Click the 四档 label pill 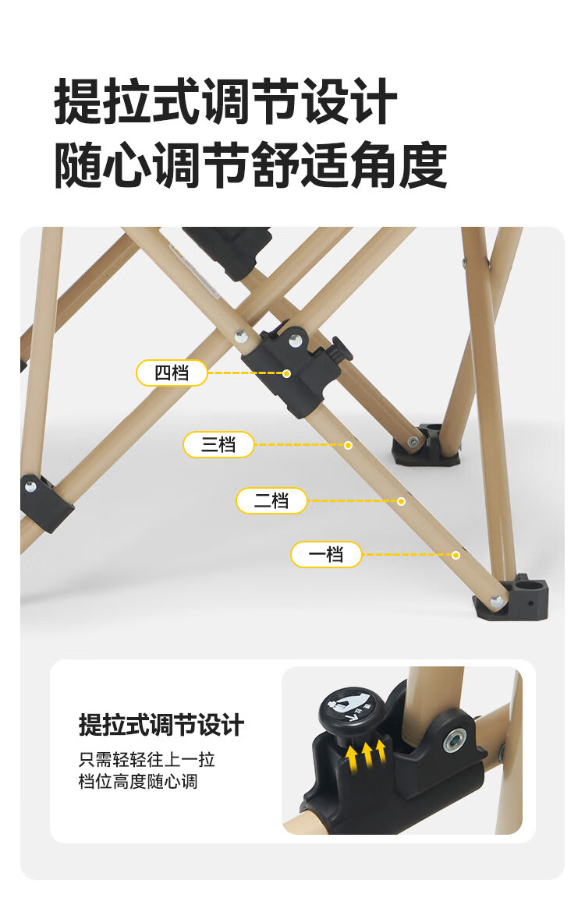pos(172,373)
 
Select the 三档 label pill pos(218,445)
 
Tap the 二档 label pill pos(271,500)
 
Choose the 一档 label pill pos(326,555)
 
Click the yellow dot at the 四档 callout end pos(286,373)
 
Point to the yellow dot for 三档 pos(348,445)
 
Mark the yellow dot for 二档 pos(401,501)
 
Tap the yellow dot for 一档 pos(456,556)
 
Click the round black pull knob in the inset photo pos(348,709)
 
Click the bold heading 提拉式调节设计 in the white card pos(161,725)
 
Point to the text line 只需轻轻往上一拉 pos(147,759)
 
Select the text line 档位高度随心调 pos(138,782)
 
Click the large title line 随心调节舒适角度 pos(250,165)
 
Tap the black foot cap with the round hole pos(512,599)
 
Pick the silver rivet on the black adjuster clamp pos(296,341)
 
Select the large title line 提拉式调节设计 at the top pos(225,101)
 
